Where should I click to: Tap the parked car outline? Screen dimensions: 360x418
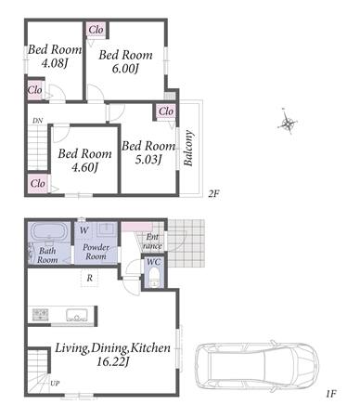pyautogui.click(x=257, y=366)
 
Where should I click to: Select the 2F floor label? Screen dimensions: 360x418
pyautogui.click(x=213, y=194)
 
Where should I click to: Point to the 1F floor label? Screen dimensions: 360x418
pyautogui.click(x=330, y=394)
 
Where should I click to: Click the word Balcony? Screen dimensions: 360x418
pyautogui.click(x=188, y=148)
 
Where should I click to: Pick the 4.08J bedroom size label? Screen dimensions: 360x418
pyautogui.click(x=55, y=63)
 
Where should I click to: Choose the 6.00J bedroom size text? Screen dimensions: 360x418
pyautogui.click(x=125, y=69)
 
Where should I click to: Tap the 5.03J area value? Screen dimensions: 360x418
pyautogui.click(x=148, y=160)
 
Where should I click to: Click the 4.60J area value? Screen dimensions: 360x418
pyautogui.click(x=84, y=167)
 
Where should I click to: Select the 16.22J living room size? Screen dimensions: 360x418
pyautogui.click(x=112, y=361)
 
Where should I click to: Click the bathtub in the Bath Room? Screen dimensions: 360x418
pyautogui.click(x=49, y=231)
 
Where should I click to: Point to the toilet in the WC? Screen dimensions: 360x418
pyautogui.click(x=154, y=278)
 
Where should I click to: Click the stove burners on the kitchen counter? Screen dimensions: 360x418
pyautogui.click(x=41, y=315)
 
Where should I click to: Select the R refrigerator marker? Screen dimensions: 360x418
pyautogui.click(x=90, y=278)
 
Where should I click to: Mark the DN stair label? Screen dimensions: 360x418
pyautogui.click(x=38, y=121)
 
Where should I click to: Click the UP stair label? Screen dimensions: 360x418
pyautogui.click(x=55, y=384)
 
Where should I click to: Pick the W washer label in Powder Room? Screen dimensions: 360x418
pyautogui.click(x=84, y=230)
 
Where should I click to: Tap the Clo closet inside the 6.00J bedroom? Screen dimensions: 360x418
pyautogui.click(x=96, y=30)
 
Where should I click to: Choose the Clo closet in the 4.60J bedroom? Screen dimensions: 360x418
pyautogui.click(x=38, y=183)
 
